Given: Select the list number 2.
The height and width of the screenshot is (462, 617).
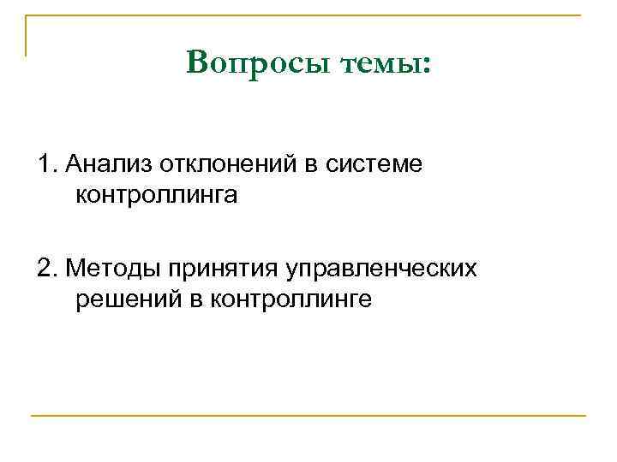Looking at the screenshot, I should pyautogui.click(x=46, y=269).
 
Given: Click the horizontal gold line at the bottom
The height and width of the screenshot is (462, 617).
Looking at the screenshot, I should pyautogui.click(x=308, y=417).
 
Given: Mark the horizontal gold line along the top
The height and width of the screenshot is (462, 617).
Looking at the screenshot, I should pyautogui.click(x=308, y=15).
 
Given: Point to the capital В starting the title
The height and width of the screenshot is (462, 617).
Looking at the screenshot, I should pyautogui.click(x=196, y=62).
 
